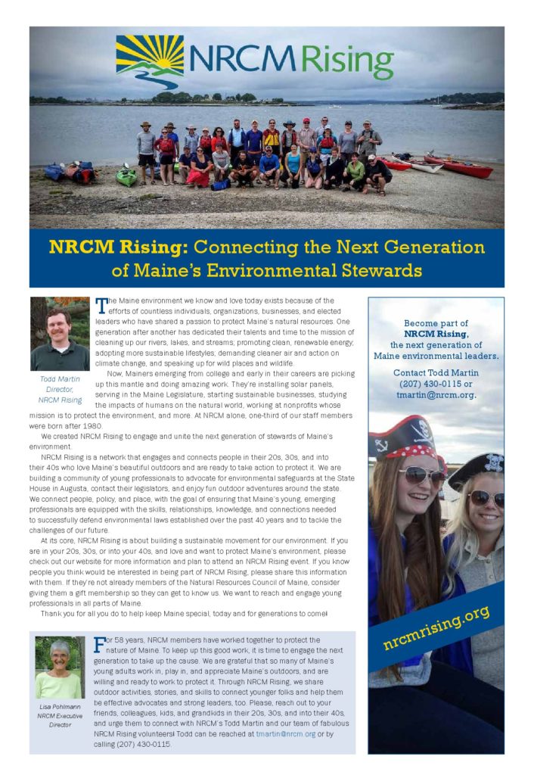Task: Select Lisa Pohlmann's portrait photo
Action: [60, 668]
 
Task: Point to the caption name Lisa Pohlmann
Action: [60, 707]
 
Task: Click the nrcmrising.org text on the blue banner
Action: [437, 627]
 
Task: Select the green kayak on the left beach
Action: [127, 176]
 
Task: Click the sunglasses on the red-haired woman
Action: [422, 475]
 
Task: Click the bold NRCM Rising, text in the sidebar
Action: [436, 334]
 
